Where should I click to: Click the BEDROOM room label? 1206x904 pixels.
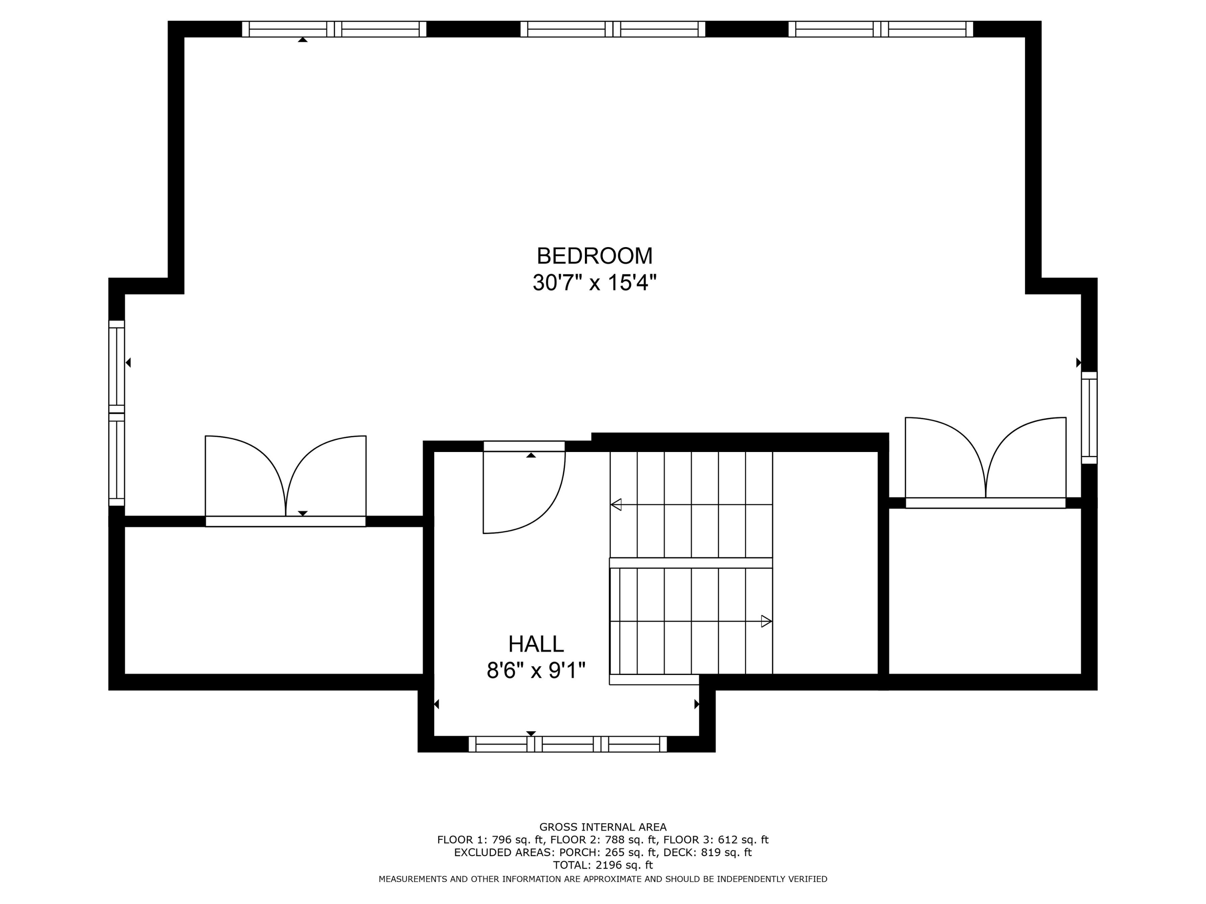pos(594,256)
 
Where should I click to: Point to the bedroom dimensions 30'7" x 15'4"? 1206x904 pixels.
pos(594,283)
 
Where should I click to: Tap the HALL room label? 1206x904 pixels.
pos(536,644)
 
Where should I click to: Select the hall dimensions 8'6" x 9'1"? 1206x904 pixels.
pos(536,670)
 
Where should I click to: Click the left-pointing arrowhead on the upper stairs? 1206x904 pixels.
pos(616,505)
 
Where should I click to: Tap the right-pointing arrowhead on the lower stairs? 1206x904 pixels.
pos(766,621)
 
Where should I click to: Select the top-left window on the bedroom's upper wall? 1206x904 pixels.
pos(334,29)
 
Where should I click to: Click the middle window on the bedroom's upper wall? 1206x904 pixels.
pos(612,29)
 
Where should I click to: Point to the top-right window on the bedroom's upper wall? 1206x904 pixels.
pos(880,29)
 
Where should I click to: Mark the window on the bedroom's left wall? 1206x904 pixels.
pos(117,413)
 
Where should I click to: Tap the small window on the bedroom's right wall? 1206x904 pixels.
pos(1089,417)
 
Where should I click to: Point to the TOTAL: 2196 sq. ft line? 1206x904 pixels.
pos(603,865)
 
